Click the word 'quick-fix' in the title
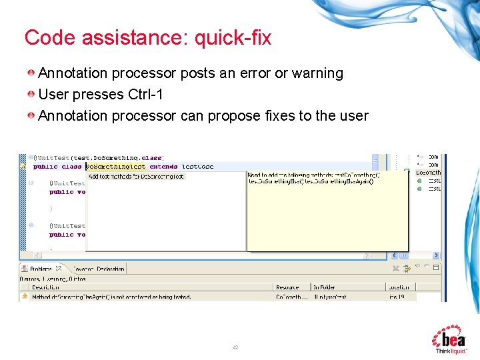tap(233, 38)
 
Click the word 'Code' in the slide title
tap(50, 38)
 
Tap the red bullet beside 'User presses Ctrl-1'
tap(31, 95)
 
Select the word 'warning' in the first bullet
tap(317, 73)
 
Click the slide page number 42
tap(235, 347)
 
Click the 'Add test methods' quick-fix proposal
tap(136, 177)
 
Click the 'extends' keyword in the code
tap(163, 167)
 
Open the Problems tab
tap(40, 269)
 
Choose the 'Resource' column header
tap(287, 287)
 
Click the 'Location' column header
tap(399, 287)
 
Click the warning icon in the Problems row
tap(25, 297)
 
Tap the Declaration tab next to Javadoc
tap(110, 269)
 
